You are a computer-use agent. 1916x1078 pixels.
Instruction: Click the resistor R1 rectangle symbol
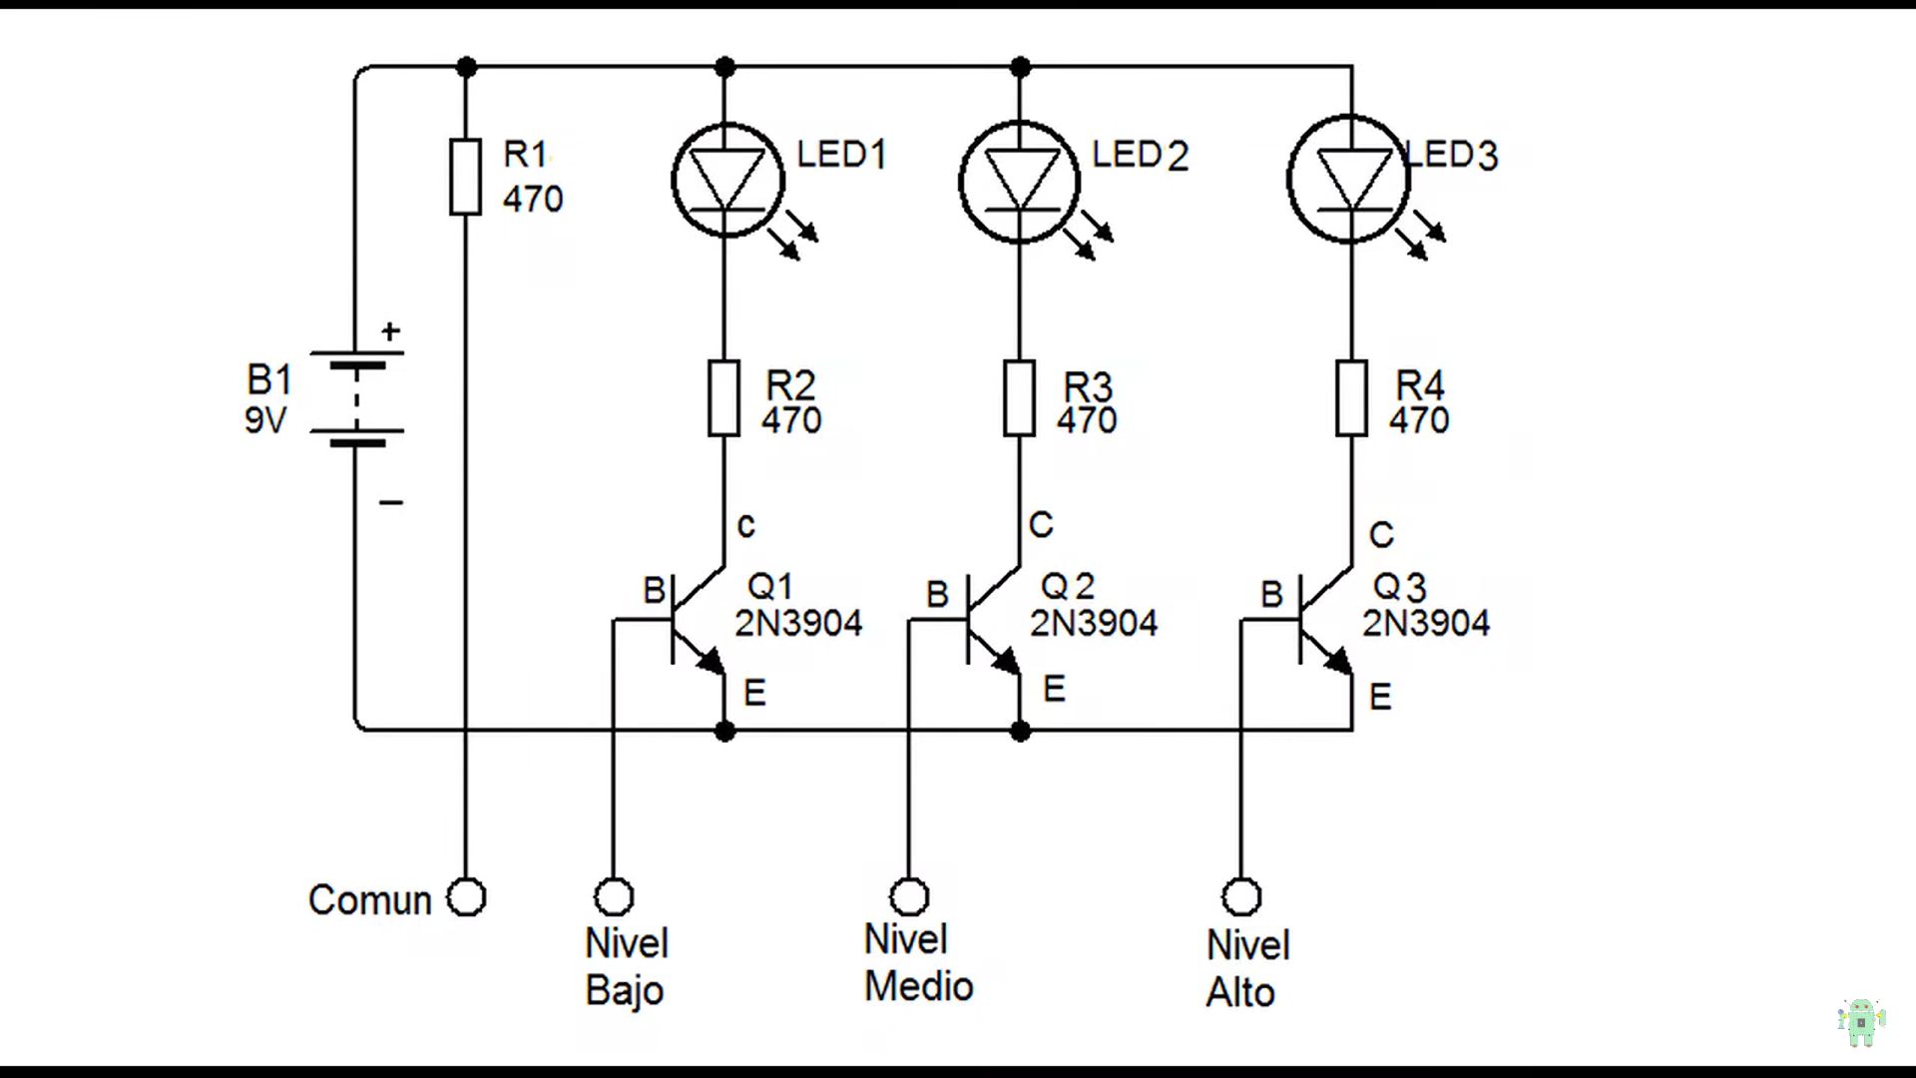[x=466, y=178]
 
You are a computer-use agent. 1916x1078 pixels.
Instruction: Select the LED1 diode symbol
[x=727, y=181]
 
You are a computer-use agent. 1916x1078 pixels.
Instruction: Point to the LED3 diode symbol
[x=1349, y=181]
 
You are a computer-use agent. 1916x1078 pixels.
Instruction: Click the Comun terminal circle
[x=466, y=897]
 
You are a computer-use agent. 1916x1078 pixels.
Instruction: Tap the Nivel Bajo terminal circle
[x=614, y=897]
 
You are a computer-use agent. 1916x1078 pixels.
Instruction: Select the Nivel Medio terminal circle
[x=909, y=897]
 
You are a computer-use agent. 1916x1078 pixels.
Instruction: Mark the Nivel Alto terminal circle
[x=1241, y=897]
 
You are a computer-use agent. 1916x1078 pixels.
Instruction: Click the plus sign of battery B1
[x=391, y=330]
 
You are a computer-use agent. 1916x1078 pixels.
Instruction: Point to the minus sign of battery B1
[x=391, y=502]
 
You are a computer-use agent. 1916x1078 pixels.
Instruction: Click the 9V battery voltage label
[x=265, y=421]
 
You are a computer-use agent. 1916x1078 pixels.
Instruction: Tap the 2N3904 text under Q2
[x=1094, y=623]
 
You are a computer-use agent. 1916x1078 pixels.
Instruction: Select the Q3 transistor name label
[x=1399, y=587]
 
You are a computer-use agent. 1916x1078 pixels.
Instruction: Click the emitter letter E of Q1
[x=754, y=693]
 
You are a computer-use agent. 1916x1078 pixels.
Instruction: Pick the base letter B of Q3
[x=1271, y=595]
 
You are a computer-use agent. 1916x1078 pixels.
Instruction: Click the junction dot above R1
[x=466, y=68]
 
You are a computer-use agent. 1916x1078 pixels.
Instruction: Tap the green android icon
[x=1861, y=1022]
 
